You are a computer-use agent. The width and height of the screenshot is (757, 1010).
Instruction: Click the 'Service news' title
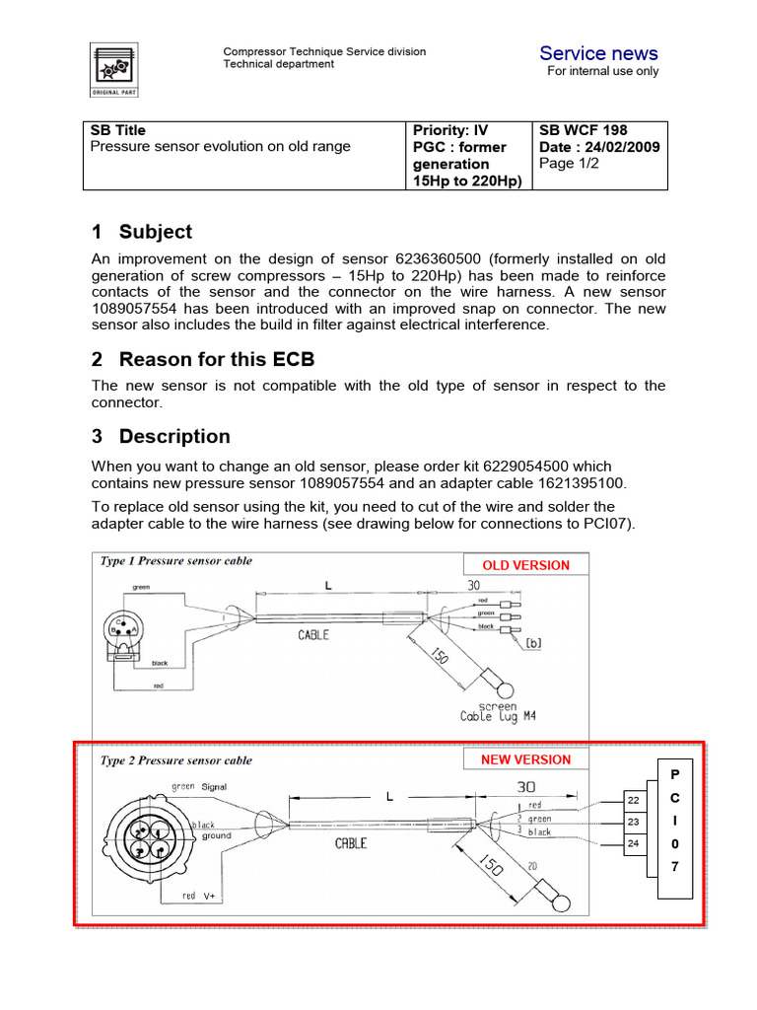point(598,53)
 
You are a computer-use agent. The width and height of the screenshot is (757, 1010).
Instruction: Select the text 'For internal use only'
point(603,71)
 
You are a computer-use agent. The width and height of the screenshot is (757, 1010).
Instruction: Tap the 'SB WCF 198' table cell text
point(583,130)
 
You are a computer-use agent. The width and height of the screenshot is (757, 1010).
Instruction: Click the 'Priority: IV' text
point(450,130)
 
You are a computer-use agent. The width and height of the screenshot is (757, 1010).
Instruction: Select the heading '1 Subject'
point(142,232)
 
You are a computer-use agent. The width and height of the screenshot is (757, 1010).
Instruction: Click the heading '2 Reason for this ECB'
point(203,358)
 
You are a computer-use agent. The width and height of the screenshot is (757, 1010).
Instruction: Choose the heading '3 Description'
point(162,436)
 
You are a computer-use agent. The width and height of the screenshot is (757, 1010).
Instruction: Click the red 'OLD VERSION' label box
point(525,565)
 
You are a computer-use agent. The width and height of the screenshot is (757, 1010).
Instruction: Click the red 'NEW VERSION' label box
point(525,759)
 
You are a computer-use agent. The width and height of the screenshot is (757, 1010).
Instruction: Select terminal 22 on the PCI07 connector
point(634,799)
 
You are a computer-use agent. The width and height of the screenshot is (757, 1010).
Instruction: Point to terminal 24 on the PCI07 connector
point(634,843)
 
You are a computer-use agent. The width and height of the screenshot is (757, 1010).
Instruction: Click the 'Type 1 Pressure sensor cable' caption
point(175,561)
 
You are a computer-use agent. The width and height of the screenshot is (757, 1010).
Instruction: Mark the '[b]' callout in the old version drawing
point(533,643)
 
